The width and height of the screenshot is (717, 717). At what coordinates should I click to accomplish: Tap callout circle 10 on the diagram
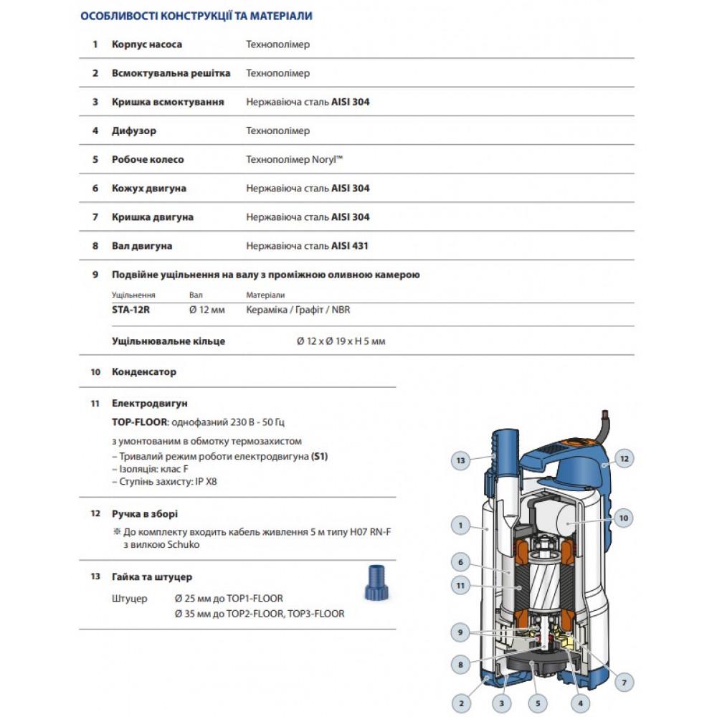click(x=623, y=517)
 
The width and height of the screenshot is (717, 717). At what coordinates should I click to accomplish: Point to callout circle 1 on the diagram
click(x=460, y=526)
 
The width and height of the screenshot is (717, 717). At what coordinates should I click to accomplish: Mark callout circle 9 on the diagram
click(x=460, y=632)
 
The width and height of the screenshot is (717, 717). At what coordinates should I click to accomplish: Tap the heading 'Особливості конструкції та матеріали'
click(x=196, y=15)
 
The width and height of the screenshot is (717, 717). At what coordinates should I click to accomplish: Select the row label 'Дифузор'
click(x=134, y=131)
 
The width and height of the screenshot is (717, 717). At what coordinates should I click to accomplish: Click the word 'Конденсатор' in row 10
click(x=144, y=372)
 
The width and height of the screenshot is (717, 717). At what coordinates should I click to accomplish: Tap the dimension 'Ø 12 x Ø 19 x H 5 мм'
click(x=341, y=341)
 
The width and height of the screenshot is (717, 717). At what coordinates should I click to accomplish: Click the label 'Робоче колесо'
click(x=148, y=160)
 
